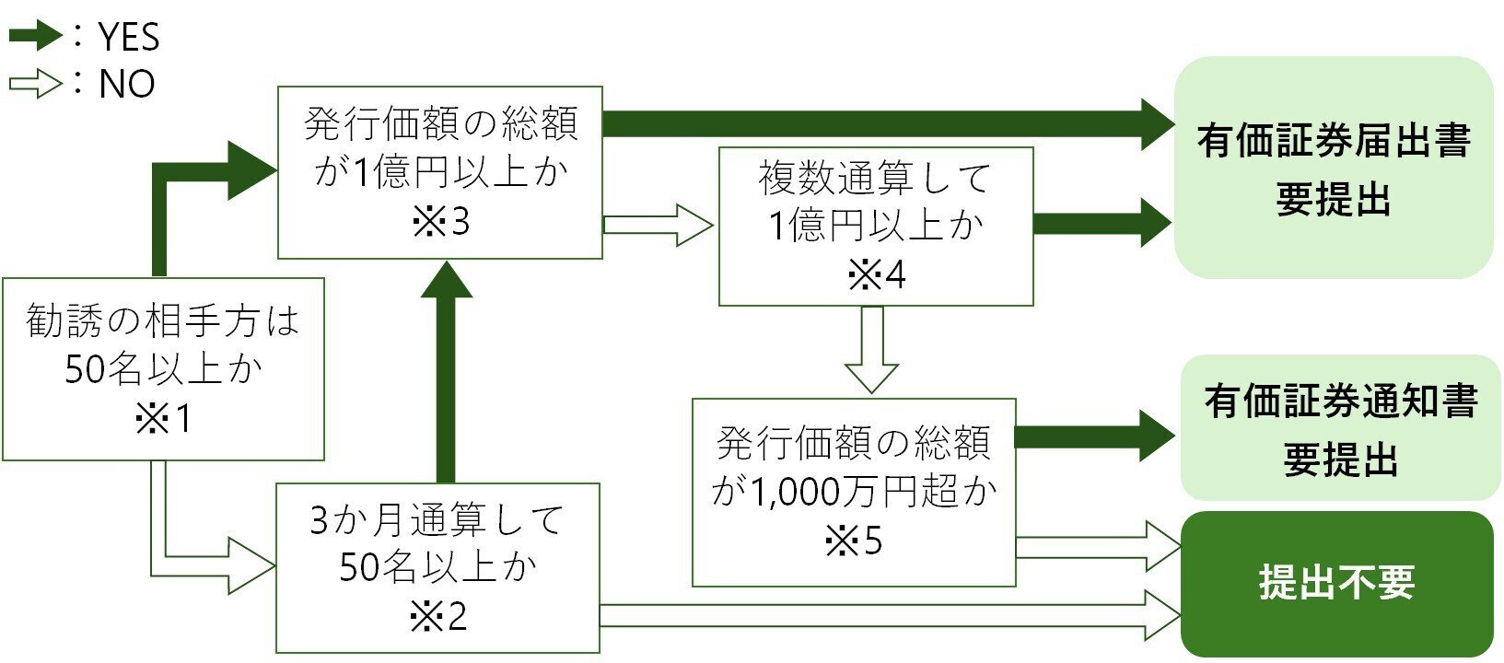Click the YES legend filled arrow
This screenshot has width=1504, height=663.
click(35, 37)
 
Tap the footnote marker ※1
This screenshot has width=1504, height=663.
click(163, 419)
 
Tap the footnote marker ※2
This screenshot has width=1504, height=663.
click(438, 616)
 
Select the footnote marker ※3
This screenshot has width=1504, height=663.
click(440, 222)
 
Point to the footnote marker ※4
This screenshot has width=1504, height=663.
click(876, 274)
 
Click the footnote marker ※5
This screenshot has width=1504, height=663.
click(853, 541)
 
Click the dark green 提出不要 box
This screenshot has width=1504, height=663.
click(1336, 583)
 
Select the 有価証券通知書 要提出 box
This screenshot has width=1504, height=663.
click(1340, 428)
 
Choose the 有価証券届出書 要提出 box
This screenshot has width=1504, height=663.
click(1333, 168)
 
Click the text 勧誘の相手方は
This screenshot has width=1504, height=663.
click(163, 321)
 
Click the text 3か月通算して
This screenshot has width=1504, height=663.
click(437, 520)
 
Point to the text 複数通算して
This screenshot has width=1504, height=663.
click(875, 177)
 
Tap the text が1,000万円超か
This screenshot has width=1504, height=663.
click(854, 492)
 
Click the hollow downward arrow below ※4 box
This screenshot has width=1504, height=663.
click(871, 350)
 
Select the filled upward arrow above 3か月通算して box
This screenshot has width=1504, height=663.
click(446, 368)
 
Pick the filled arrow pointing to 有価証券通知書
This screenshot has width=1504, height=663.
click(1096, 436)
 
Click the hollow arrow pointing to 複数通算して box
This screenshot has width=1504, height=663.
click(658, 225)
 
